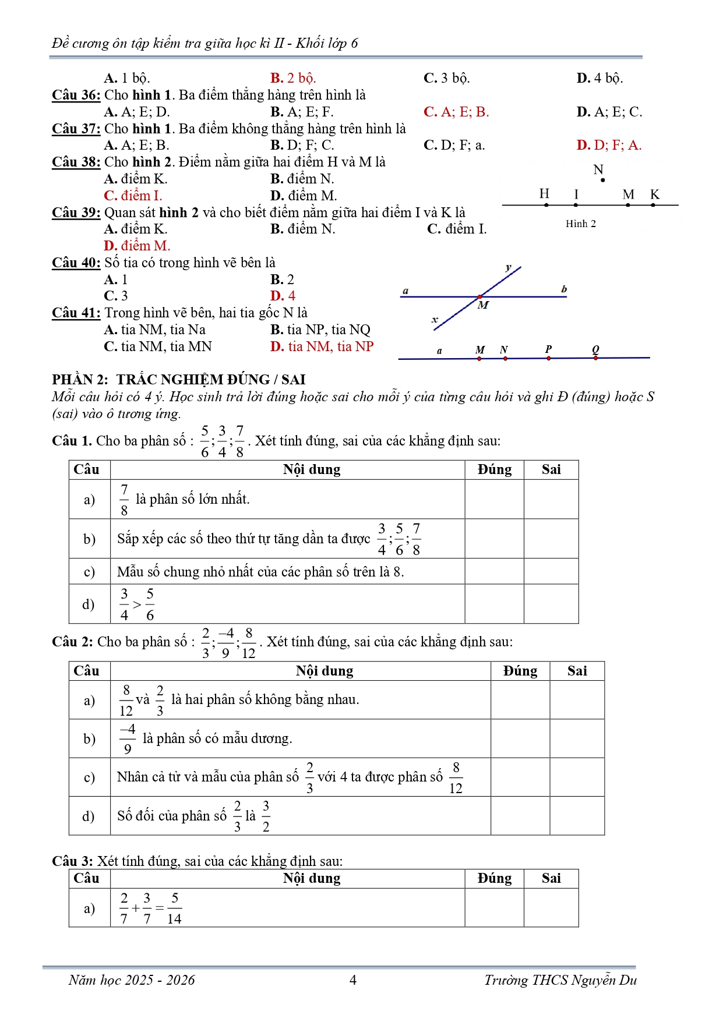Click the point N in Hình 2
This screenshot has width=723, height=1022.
tap(602, 180)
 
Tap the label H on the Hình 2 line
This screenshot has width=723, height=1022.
tap(544, 194)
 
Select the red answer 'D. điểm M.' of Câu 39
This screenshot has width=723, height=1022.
tap(137, 246)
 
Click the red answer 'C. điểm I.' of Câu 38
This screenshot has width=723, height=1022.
tap(133, 196)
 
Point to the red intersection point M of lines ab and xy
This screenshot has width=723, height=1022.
tap(479, 297)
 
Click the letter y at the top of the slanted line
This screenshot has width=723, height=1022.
tap(508, 267)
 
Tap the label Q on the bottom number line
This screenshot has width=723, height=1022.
tap(595, 349)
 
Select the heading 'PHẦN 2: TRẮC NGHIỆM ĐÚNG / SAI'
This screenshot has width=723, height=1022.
tap(178, 380)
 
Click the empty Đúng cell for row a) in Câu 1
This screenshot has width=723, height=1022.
tap(494, 499)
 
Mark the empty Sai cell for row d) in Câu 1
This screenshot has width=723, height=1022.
tap(551, 604)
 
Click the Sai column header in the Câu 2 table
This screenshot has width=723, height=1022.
tap(577, 671)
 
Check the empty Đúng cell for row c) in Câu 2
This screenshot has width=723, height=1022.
tap(520, 777)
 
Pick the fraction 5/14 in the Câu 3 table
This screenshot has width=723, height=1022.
tap(174, 908)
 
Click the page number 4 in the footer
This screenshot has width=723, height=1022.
tap(352, 980)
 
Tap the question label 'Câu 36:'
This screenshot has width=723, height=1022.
tap(76, 95)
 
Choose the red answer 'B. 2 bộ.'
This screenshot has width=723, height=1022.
tap(292, 78)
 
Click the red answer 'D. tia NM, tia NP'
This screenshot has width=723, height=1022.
tap(322, 346)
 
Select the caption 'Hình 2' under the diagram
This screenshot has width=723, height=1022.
tap(580, 224)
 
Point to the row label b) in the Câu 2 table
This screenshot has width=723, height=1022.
tap(89, 738)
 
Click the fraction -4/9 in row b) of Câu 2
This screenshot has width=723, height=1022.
tap(128, 738)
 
